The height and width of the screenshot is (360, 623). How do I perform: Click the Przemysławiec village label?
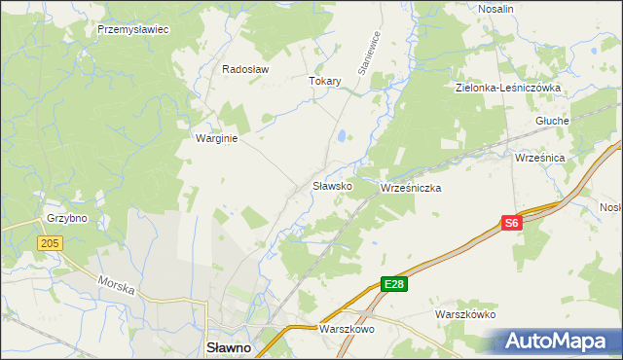133,30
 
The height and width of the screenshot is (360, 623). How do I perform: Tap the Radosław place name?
245,70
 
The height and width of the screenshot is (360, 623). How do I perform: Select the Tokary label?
325,82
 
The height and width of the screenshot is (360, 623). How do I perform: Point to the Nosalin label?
496,9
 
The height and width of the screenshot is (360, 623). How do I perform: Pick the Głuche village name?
552,121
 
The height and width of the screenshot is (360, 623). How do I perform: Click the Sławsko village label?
331,185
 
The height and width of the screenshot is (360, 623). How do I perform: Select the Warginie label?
217,138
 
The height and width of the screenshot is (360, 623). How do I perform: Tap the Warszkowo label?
346,330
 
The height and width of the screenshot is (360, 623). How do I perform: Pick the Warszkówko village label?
465,315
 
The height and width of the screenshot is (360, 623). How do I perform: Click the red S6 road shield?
513,223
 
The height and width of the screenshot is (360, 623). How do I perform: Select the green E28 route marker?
393,284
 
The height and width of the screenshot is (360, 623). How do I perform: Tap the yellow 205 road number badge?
51,242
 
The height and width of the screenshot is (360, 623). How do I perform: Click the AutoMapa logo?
556,342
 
